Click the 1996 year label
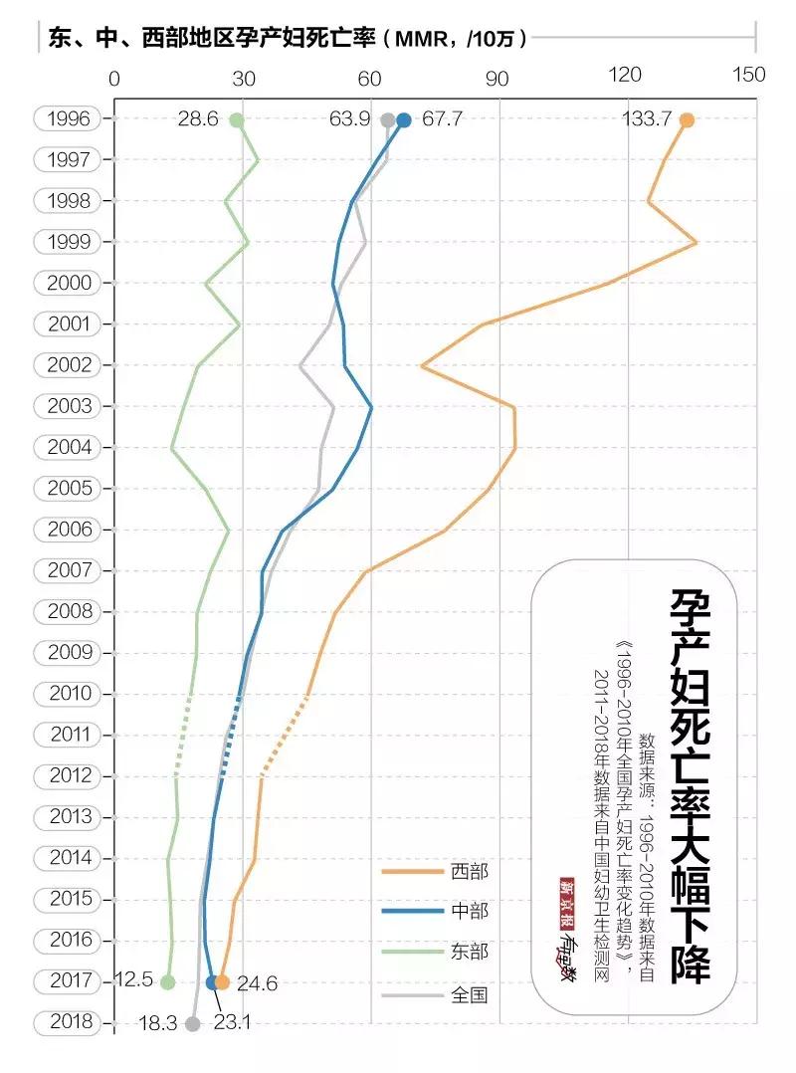point(69,118)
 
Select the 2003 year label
point(69,406)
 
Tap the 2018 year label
point(69,1022)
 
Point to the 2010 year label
point(69,694)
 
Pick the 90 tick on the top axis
point(498,76)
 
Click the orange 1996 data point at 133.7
point(687,120)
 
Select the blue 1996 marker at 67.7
point(403,120)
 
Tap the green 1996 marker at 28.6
point(237,120)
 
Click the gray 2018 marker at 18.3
point(193,1023)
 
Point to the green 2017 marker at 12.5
point(168,982)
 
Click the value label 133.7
point(647,119)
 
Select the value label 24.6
point(257,984)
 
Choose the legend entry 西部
point(469,872)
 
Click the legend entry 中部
point(469,911)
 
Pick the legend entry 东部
point(469,952)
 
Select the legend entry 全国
point(469,993)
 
